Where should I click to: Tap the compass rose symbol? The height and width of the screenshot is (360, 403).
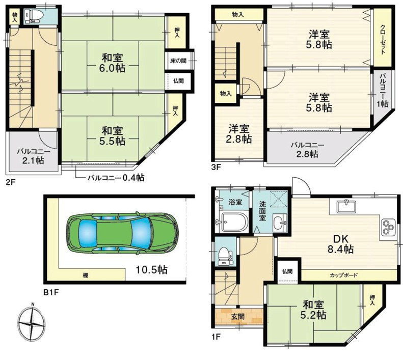pos(32,321)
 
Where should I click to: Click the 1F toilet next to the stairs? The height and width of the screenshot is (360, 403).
pos(224,256)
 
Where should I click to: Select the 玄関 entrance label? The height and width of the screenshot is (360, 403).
pos(238,317)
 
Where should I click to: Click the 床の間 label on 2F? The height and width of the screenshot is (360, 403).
pos(178,61)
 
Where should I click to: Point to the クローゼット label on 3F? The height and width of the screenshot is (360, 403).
pos(383,39)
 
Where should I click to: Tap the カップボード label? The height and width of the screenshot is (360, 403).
pos(343,275)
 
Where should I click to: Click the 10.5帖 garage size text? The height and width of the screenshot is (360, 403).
pos(151,270)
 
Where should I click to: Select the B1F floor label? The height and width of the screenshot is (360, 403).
pos(51,292)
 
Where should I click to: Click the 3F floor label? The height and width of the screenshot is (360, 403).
pos(216,168)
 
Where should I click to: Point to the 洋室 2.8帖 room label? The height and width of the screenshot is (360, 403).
pos(239,133)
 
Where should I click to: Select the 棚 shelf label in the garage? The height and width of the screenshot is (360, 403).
pos(84,276)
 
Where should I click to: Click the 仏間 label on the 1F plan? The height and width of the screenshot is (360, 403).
pos(287,271)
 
